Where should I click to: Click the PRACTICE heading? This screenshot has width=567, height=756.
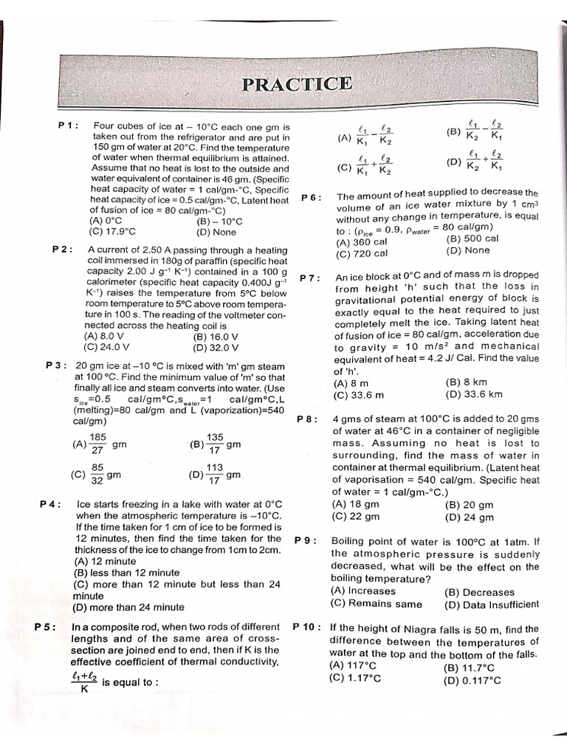pyautogui.click(x=297, y=83)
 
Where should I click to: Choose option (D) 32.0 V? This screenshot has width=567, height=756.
pyautogui.click(x=216, y=346)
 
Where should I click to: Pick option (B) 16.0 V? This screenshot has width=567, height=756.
pyautogui.click(x=215, y=337)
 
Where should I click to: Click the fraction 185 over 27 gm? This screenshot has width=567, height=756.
pyautogui.click(x=100, y=444)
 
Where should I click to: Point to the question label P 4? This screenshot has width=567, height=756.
pyautogui.click(x=50, y=505)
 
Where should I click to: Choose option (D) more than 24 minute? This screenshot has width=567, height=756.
pyautogui.click(x=129, y=607)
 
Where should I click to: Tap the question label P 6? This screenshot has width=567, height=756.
pyautogui.click(x=312, y=198)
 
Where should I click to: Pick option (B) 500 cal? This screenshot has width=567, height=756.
pyautogui.click(x=472, y=238)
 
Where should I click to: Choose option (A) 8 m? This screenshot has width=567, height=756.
pyautogui.click(x=351, y=383)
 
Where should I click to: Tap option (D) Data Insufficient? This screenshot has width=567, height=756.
pyautogui.click(x=492, y=604)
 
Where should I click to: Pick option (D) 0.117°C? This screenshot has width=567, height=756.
pyautogui.click(x=472, y=681)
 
